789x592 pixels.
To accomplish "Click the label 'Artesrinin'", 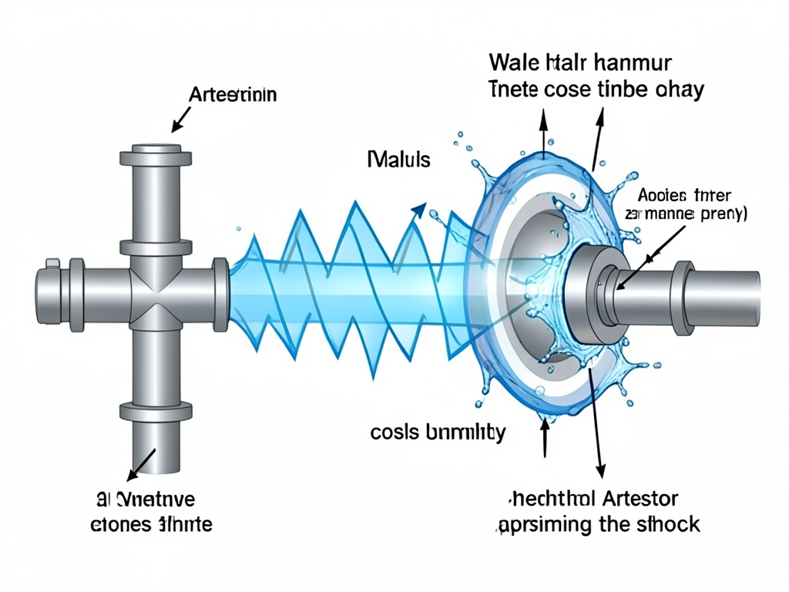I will click(233, 96).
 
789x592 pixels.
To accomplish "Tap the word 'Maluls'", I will click(398, 160).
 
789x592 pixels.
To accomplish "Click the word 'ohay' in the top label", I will click(678, 89).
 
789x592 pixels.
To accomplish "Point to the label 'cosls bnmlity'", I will click(438, 432).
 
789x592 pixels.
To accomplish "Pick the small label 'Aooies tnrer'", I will click(685, 194).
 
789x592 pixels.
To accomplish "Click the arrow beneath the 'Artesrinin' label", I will click(182, 119).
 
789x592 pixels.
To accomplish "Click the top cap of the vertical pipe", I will click(156, 156).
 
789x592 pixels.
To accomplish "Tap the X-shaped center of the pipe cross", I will click(156, 296).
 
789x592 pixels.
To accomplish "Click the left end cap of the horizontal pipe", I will click(45, 295).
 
